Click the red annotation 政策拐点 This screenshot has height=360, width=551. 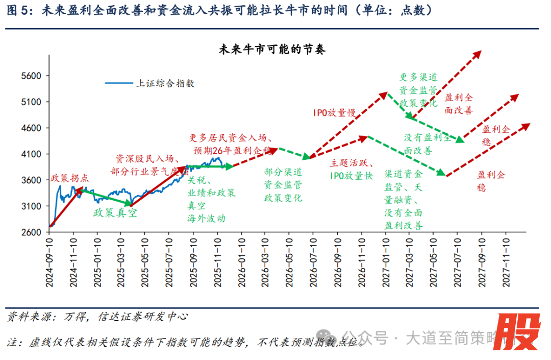click(70, 178)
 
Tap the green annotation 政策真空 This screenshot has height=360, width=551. click(115, 213)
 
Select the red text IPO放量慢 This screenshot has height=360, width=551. click(334, 113)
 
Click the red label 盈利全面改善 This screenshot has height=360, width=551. click(459, 104)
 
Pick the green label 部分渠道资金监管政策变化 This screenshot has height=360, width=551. click(283, 185)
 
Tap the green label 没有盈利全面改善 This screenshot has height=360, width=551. click(428, 145)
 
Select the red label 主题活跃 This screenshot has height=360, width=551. click(352, 163)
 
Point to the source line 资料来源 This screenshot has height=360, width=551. click(97, 317)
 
